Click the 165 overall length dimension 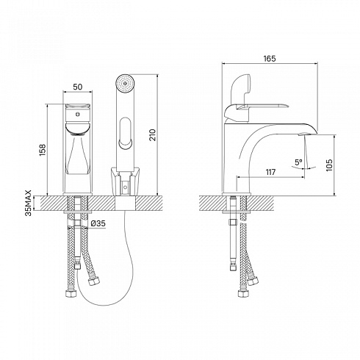(270, 59)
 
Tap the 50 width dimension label (78, 87)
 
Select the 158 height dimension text (43, 150)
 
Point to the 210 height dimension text (153, 134)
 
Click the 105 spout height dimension (329, 165)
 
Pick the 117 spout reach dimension (270, 172)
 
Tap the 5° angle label (298, 162)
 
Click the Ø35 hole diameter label (98, 223)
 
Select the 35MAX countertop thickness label (29, 203)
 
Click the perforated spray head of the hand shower (125, 84)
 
